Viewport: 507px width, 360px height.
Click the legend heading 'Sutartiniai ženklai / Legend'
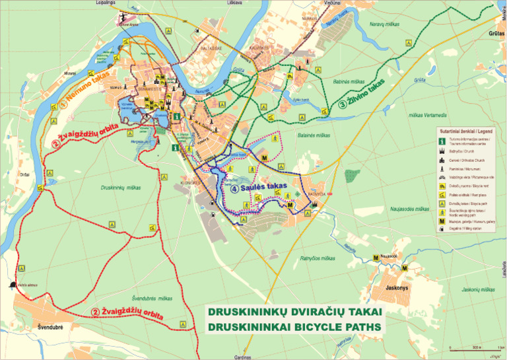click(x=468, y=131)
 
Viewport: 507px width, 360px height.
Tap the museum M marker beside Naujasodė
click(x=376, y=257)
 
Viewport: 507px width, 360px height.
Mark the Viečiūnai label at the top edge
click(x=314, y=3)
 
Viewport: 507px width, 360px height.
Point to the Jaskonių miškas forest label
click(x=479, y=289)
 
